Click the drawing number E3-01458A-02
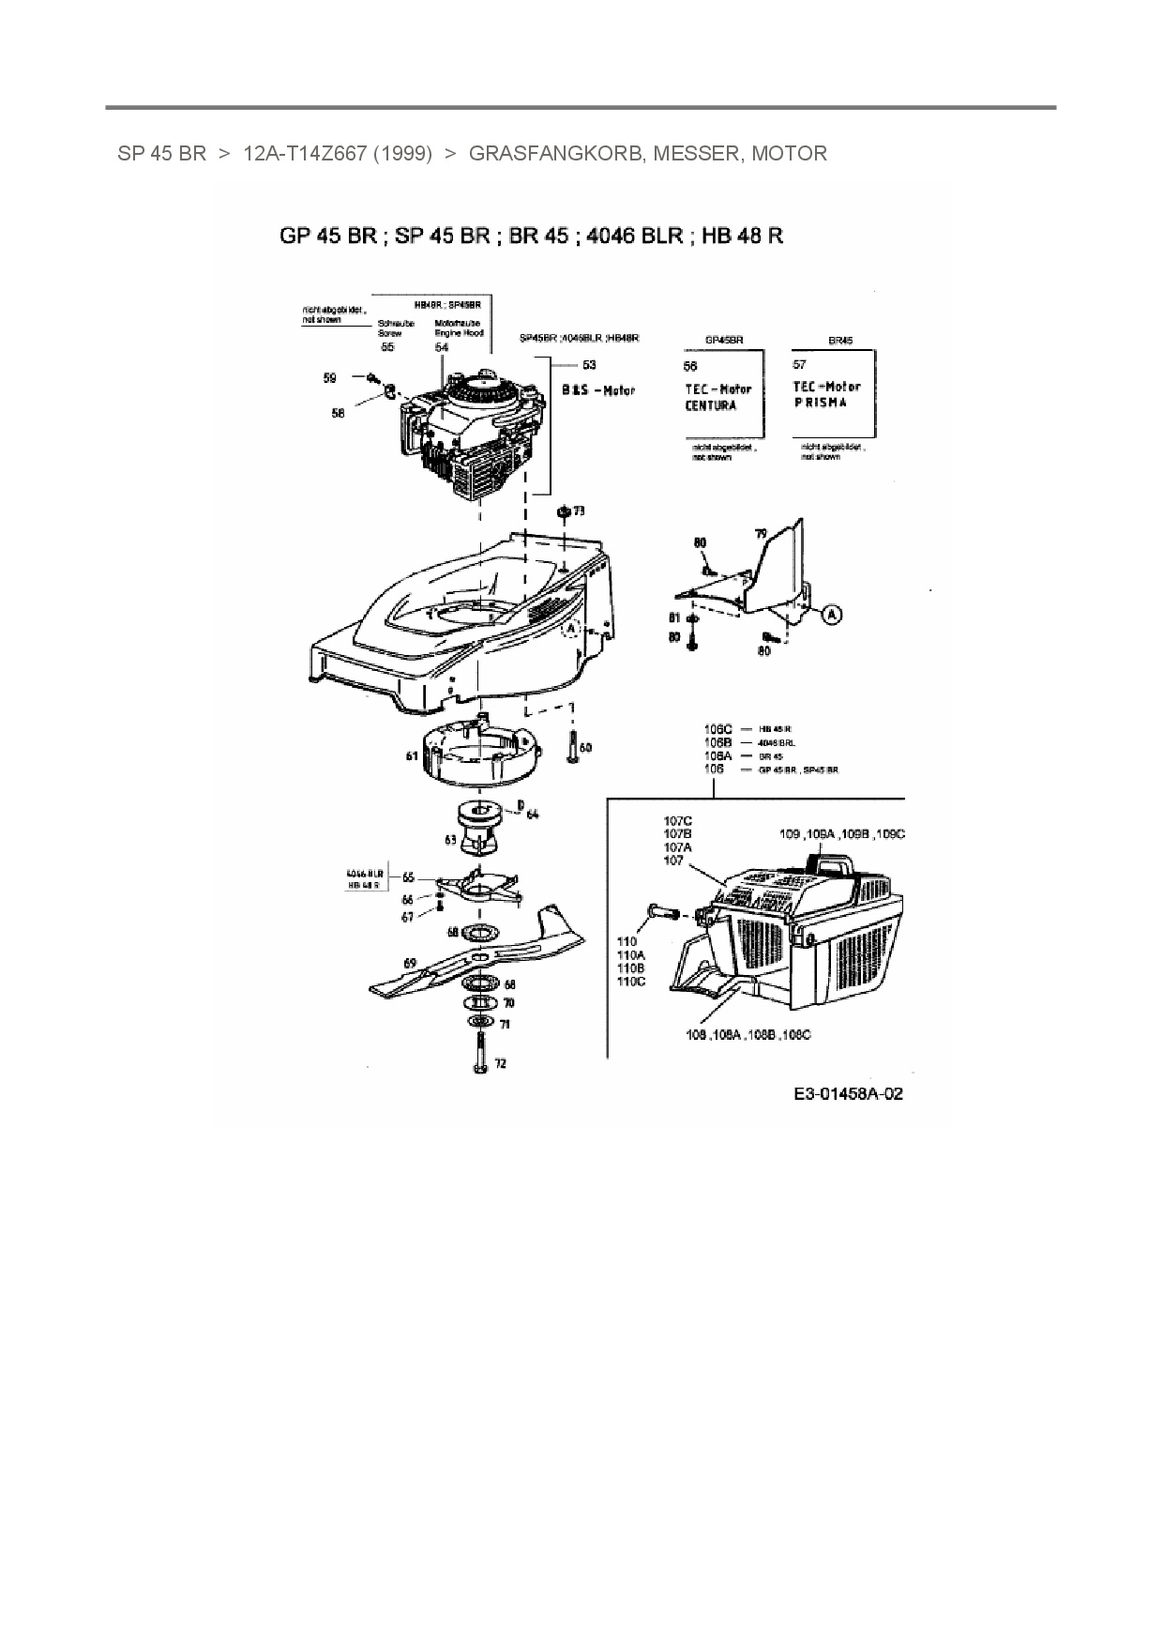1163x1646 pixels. click(x=847, y=1093)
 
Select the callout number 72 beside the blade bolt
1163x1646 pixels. click(x=500, y=1063)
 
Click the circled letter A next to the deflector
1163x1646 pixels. click(x=832, y=615)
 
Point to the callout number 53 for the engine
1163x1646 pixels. click(x=589, y=364)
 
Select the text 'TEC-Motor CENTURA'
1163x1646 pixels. click(x=717, y=397)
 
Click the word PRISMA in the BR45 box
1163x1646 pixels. click(x=820, y=402)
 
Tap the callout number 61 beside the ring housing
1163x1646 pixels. click(x=412, y=754)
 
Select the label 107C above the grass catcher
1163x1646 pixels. click(x=676, y=820)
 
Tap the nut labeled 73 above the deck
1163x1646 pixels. click(x=564, y=511)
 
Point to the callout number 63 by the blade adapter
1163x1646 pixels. click(x=450, y=840)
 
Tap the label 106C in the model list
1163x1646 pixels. click(x=717, y=728)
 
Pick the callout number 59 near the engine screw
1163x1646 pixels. click(x=329, y=378)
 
